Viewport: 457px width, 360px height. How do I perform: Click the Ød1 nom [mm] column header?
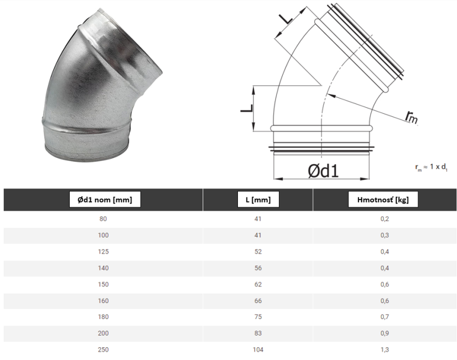(x=105, y=200)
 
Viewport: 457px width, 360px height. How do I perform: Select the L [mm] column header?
(x=258, y=200)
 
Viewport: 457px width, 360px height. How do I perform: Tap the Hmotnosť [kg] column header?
(x=383, y=200)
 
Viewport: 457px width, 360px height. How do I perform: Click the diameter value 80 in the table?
(x=103, y=219)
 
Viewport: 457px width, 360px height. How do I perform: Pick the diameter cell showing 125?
(x=103, y=252)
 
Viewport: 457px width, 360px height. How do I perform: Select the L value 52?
(x=258, y=252)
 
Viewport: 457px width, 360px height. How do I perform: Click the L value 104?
(x=258, y=349)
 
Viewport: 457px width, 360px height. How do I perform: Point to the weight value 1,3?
(x=385, y=349)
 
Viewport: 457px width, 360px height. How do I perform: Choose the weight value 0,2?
(x=385, y=219)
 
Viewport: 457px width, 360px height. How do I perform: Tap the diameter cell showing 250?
(x=103, y=349)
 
